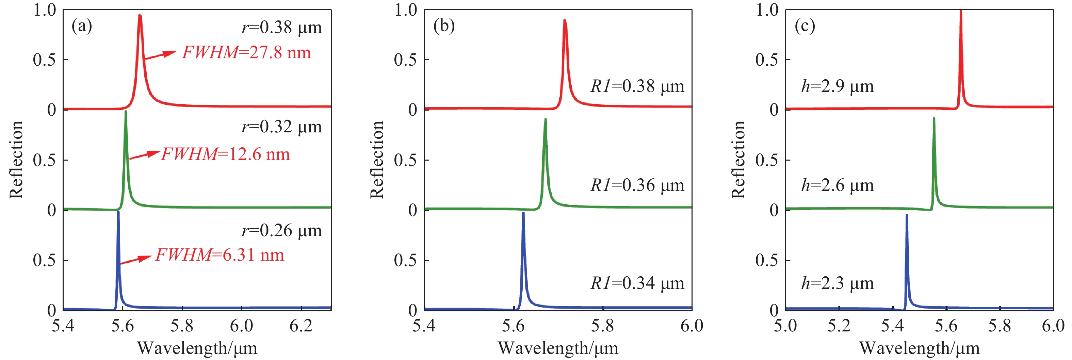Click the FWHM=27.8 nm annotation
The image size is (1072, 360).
click(x=246, y=53)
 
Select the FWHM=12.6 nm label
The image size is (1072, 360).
click(x=225, y=154)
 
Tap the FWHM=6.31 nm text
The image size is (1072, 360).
click(x=220, y=255)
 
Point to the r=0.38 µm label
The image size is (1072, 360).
click(x=282, y=28)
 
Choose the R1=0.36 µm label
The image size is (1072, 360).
click(x=637, y=185)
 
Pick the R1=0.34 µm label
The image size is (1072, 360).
click(x=637, y=283)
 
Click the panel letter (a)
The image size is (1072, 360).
click(x=82, y=26)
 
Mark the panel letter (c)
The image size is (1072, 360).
click(x=805, y=26)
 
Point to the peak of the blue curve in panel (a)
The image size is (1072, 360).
click(x=118, y=212)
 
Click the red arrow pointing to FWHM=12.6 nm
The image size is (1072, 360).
click(x=144, y=155)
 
